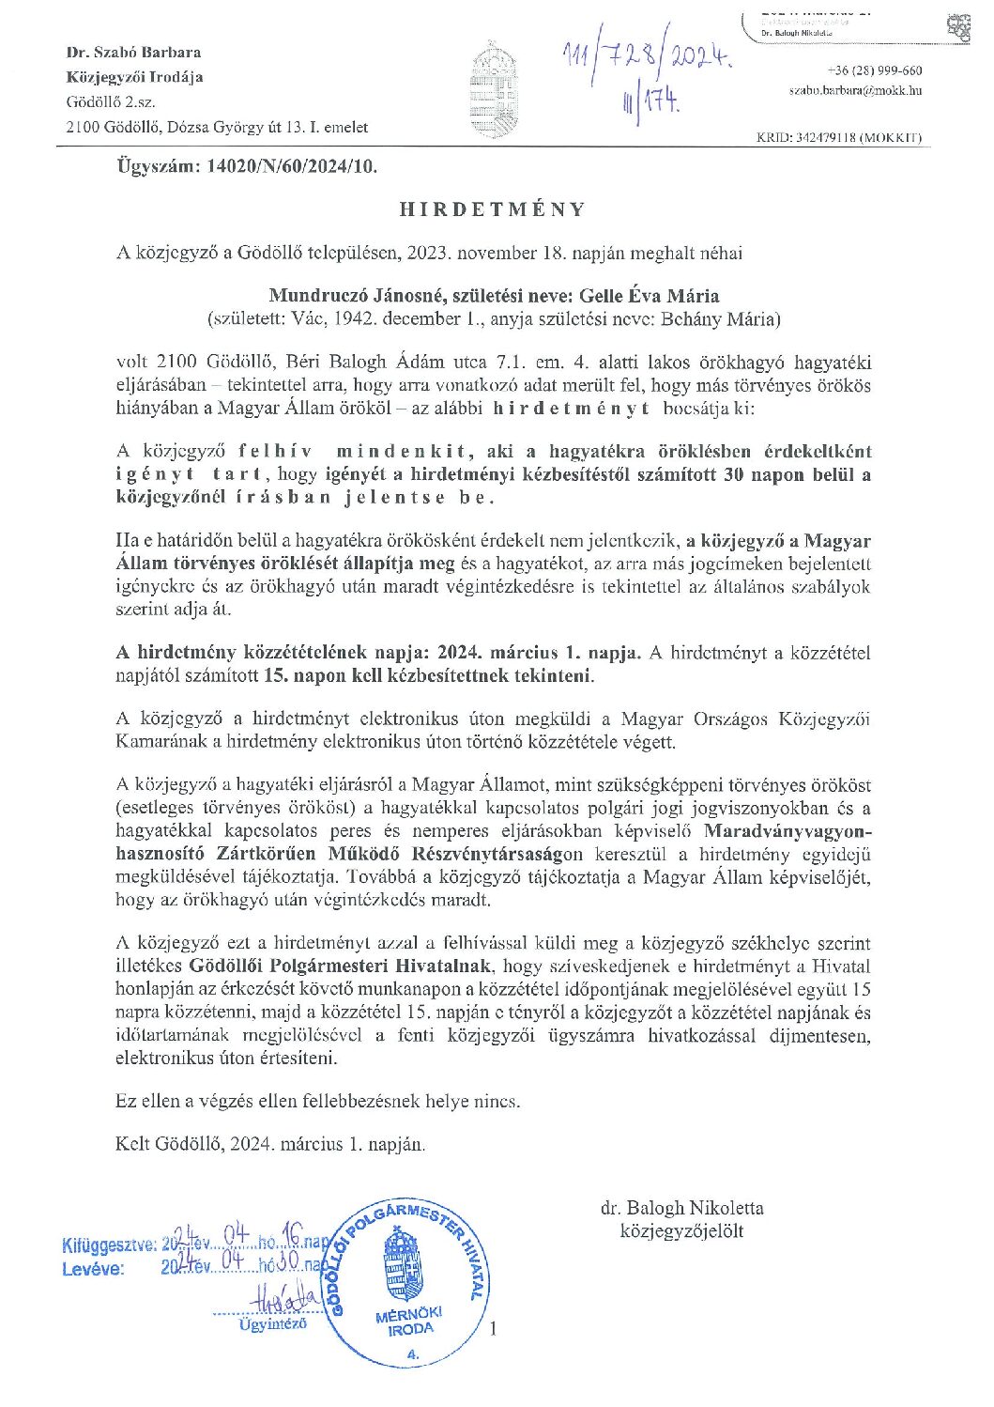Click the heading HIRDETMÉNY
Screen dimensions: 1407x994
coord(493,209)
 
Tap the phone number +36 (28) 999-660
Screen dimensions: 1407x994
coord(875,70)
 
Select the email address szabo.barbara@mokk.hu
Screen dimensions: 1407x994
coord(854,90)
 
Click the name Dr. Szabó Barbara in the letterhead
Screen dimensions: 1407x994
coord(133,53)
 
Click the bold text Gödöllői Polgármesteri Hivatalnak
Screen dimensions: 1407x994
coord(344,966)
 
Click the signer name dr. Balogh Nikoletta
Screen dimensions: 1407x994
coord(682,1208)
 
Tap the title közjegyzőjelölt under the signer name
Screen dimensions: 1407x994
coord(682,1230)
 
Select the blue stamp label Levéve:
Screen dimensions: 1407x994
coord(93,1268)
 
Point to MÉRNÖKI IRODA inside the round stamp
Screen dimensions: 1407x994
coord(408,1322)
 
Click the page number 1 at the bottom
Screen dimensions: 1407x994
coord(494,1328)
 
